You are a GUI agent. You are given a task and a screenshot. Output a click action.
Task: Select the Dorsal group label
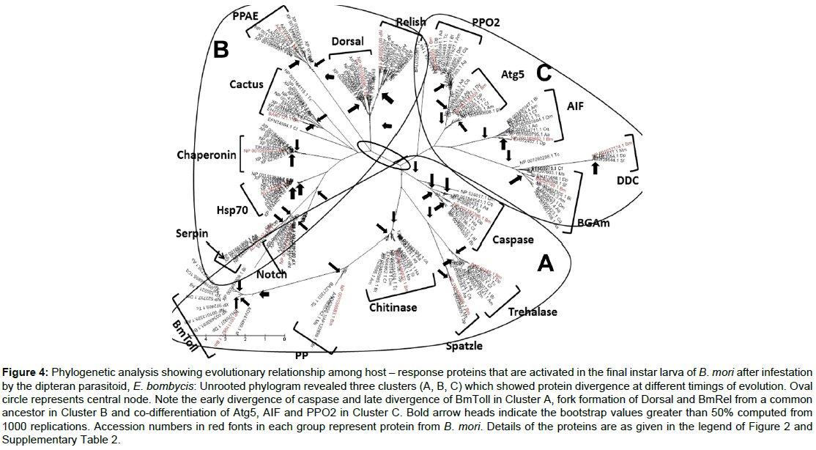point(347,42)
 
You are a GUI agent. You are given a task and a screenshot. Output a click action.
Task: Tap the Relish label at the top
point(410,23)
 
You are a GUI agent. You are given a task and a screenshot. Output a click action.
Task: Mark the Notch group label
point(275,274)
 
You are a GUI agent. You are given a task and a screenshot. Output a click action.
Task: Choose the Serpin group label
point(192,233)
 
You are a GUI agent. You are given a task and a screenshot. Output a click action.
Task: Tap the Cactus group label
point(245,84)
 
